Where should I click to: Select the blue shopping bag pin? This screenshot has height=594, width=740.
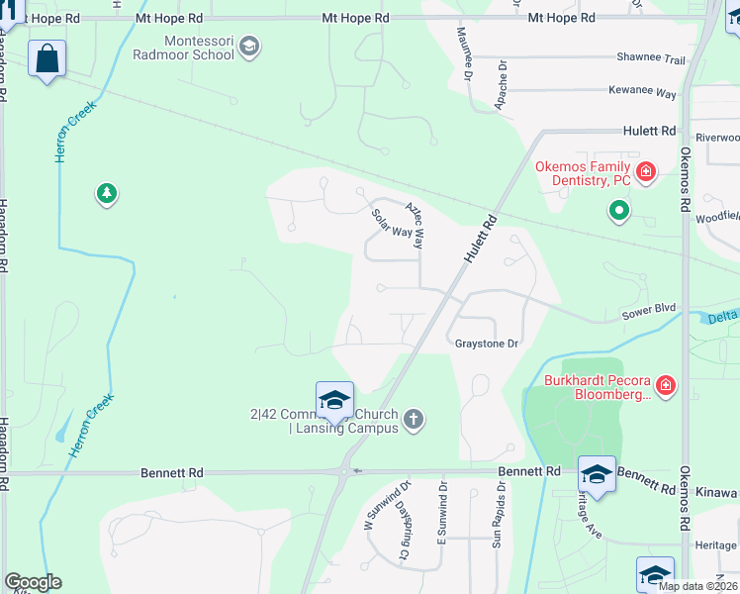(47, 59)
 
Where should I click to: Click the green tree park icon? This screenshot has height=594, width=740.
(106, 193)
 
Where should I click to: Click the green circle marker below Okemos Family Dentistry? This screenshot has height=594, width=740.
(619, 210)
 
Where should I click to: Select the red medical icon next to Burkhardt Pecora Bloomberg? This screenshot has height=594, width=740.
(666, 385)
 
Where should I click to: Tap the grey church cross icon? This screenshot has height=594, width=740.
(414, 420)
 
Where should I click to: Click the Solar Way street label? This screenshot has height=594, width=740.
(391, 223)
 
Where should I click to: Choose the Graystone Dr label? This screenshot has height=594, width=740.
(486, 344)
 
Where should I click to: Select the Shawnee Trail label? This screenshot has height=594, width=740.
(650, 59)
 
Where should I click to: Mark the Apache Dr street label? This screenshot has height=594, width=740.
(503, 86)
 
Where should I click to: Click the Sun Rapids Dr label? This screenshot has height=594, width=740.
(501, 516)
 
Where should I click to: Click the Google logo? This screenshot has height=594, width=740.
(32, 582)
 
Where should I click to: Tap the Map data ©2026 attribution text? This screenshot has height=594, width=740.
(696, 586)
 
